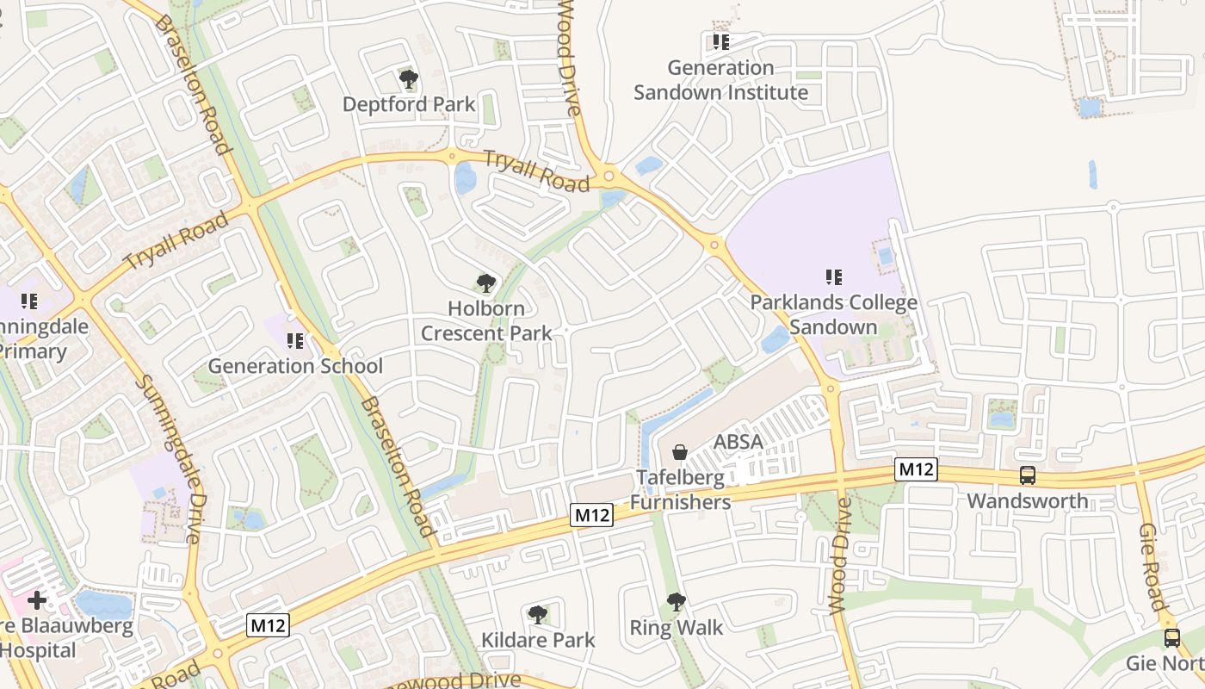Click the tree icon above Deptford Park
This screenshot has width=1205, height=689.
point(409,80)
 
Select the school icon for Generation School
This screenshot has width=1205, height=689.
point(295,341)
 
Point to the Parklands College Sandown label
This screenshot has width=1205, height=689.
point(833,315)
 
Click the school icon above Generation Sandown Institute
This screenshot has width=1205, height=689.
point(720,41)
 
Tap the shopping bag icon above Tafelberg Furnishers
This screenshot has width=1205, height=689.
point(680,452)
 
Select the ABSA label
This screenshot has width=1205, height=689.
point(738,442)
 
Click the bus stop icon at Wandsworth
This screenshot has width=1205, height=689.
point(1027,475)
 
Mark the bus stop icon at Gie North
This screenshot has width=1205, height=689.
point(1172,638)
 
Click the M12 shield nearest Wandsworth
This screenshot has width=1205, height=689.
point(915,469)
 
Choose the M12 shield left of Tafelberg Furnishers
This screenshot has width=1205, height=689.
point(592,515)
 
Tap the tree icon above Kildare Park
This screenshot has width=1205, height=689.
point(538,615)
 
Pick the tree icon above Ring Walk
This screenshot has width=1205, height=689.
point(677,602)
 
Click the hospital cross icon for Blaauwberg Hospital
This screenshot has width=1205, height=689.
point(37,599)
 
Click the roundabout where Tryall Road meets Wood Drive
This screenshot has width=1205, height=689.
point(609,177)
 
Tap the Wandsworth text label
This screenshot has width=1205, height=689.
point(1027,501)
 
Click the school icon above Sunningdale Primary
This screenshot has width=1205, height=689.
point(29,301)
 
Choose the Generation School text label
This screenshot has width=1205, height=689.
point(295,366)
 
